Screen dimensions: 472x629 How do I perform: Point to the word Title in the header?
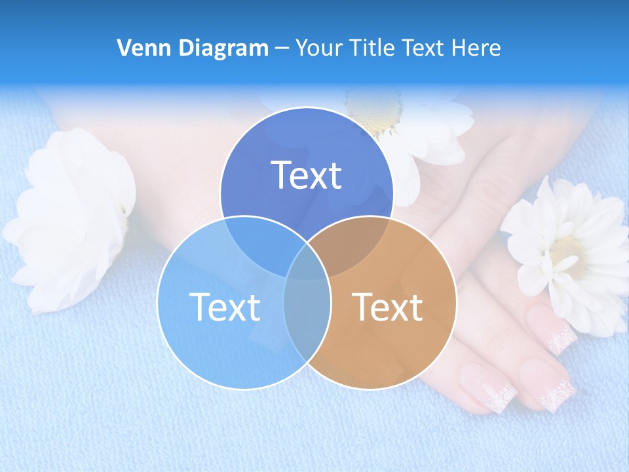[372, 48]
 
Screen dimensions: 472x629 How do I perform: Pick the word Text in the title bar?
[424, 48]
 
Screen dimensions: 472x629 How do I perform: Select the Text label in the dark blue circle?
[307, 175]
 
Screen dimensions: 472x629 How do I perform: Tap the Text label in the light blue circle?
[225, 307]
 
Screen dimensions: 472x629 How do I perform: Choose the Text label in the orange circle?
[387, 307]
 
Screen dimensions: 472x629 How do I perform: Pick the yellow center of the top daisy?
[373, 108]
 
